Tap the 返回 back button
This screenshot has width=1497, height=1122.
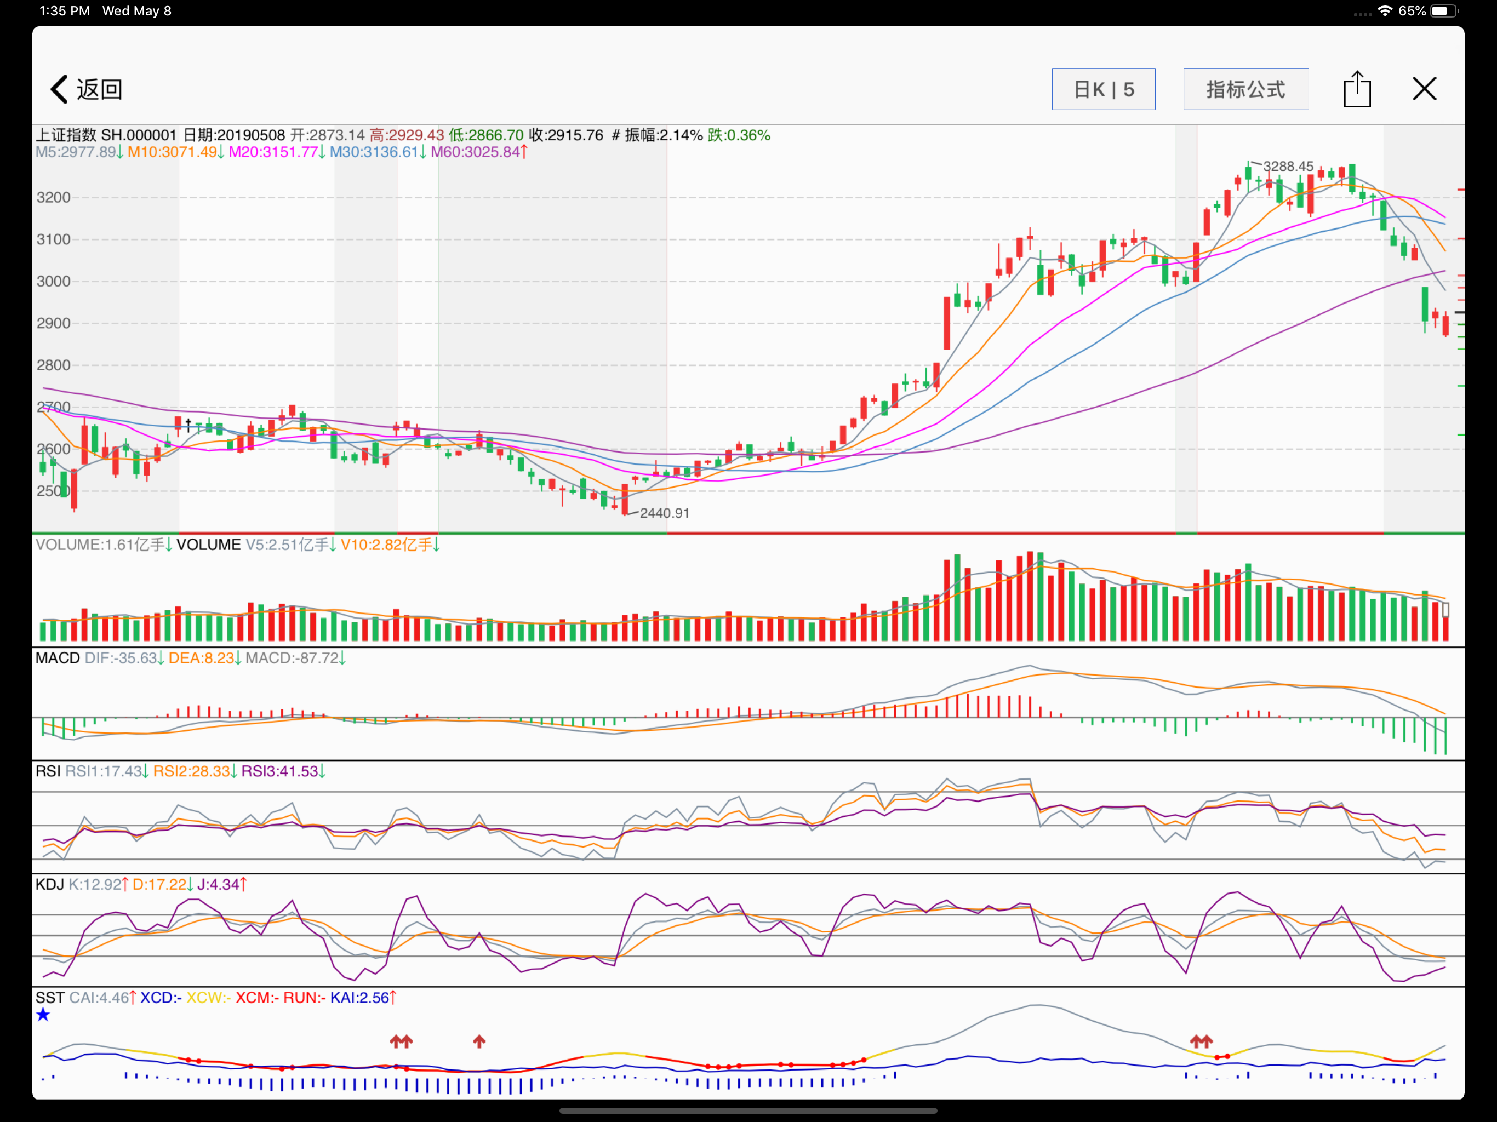coord(86,89)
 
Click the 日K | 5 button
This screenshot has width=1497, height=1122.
coord(1103,89)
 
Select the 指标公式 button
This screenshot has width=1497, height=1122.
coord(1245,89)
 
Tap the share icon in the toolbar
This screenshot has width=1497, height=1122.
coord(1357,89)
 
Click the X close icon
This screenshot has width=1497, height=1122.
coord(1424,89)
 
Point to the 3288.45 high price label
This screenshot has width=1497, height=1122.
coord(1288,167)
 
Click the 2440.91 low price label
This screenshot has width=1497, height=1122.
coord(665,513)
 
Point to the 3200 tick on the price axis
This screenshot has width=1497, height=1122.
coord(54,198)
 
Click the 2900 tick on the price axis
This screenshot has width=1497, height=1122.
coord(54,323)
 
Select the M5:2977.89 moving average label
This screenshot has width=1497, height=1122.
coord(76,152)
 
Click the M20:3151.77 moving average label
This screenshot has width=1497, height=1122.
coord(273,152)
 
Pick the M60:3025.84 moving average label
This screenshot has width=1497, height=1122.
coord(475,152)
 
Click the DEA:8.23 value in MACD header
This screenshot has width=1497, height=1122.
coord(201,658)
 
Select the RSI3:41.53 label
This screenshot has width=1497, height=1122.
coord(279,771)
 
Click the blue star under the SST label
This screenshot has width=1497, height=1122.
coord(43,1015)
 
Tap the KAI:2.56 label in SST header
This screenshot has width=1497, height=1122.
coord(359,998)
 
